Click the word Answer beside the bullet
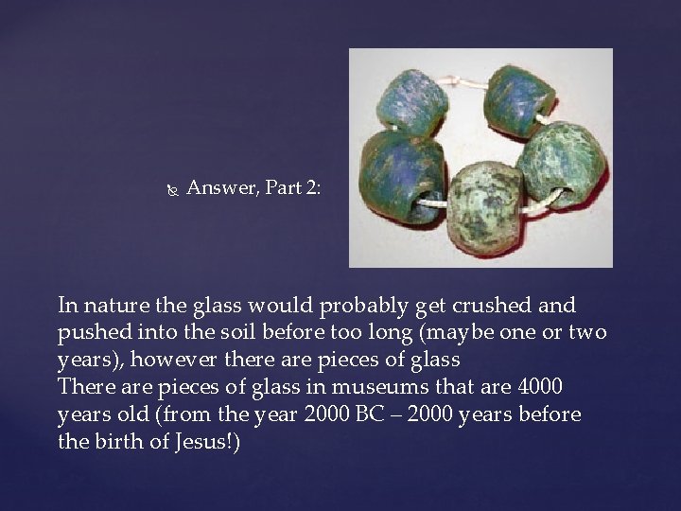point(217,188)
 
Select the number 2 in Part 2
point(310,188)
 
